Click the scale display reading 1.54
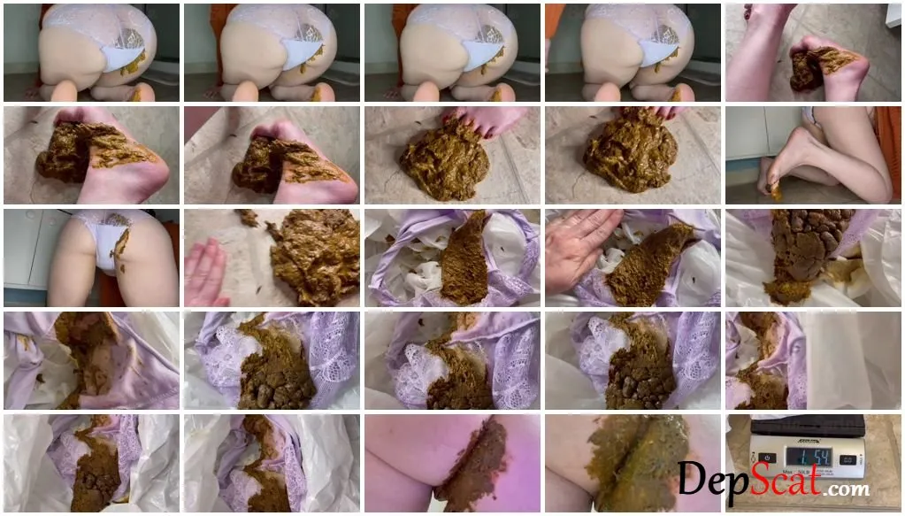click(808, 457)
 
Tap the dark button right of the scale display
click(847, 459)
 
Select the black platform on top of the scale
click(807, 426)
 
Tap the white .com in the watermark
click(847, 489)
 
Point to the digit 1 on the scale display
click(793, 458)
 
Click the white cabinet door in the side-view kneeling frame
click(745, 133)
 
